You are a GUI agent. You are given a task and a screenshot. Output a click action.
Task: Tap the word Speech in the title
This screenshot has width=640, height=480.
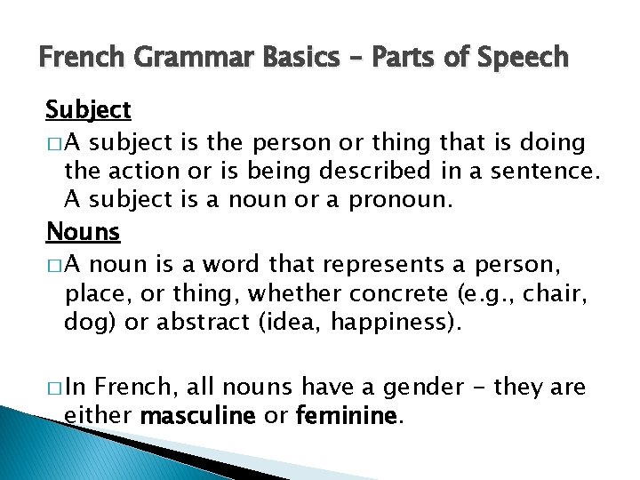tap(524, 59)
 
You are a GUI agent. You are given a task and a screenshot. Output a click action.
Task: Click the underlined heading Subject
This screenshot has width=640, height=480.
tap(88, 111)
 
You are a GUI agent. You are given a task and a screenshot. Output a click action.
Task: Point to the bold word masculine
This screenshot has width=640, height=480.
tap(198, 415)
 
